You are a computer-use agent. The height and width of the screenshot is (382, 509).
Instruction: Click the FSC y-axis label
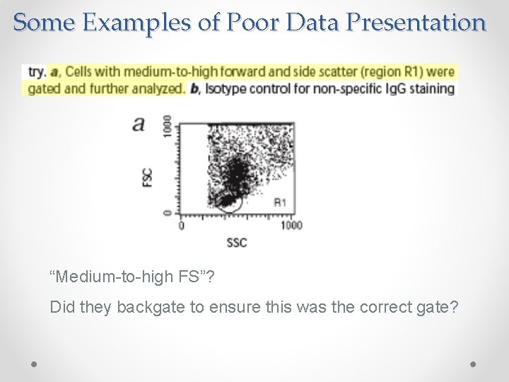(x=147, y=176)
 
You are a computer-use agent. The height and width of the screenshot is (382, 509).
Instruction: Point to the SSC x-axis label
(x=237, y=243)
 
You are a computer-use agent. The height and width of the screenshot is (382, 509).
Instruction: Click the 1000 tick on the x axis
(x=291, y=226)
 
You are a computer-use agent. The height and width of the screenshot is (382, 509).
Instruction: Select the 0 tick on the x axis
(x=181, y=226)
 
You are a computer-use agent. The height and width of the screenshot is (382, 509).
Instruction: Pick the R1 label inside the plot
(x=280, y=202)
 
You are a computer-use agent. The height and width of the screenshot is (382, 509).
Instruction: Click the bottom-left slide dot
(x=35, y=363)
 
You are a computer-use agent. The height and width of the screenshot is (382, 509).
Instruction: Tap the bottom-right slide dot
(x=474, y=363)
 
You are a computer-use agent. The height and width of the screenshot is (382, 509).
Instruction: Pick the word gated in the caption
(x=44, y=88)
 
